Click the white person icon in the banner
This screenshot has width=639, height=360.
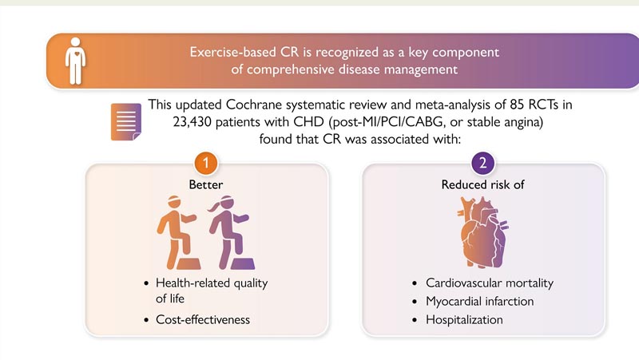click(x=75, y=61)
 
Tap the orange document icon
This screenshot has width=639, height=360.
click(x=126, y=122)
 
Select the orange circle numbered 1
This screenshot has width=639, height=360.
click(x=206, y=163)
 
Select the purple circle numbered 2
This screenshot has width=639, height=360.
click(x=483, y=163)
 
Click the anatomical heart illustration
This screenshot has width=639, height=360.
click(x=483, y=232)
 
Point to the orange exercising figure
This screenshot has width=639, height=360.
click(x=178, y=232)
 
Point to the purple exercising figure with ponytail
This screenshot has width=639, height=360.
click(x=231, y=232)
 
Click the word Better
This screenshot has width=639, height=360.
click(x=206, y=185)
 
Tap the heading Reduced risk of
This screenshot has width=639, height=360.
click(x=483, y=185)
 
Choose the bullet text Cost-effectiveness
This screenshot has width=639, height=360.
click(x=203, y=319)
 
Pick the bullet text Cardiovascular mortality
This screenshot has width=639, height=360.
click(x=490, y=283)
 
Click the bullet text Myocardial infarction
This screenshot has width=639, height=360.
click(x=480, y=302)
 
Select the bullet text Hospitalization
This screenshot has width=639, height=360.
click(x=464, y=319)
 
